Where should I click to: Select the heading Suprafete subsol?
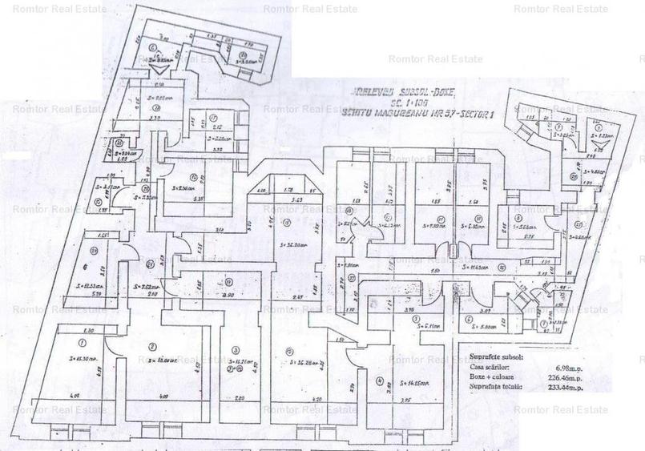coord(502,352)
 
